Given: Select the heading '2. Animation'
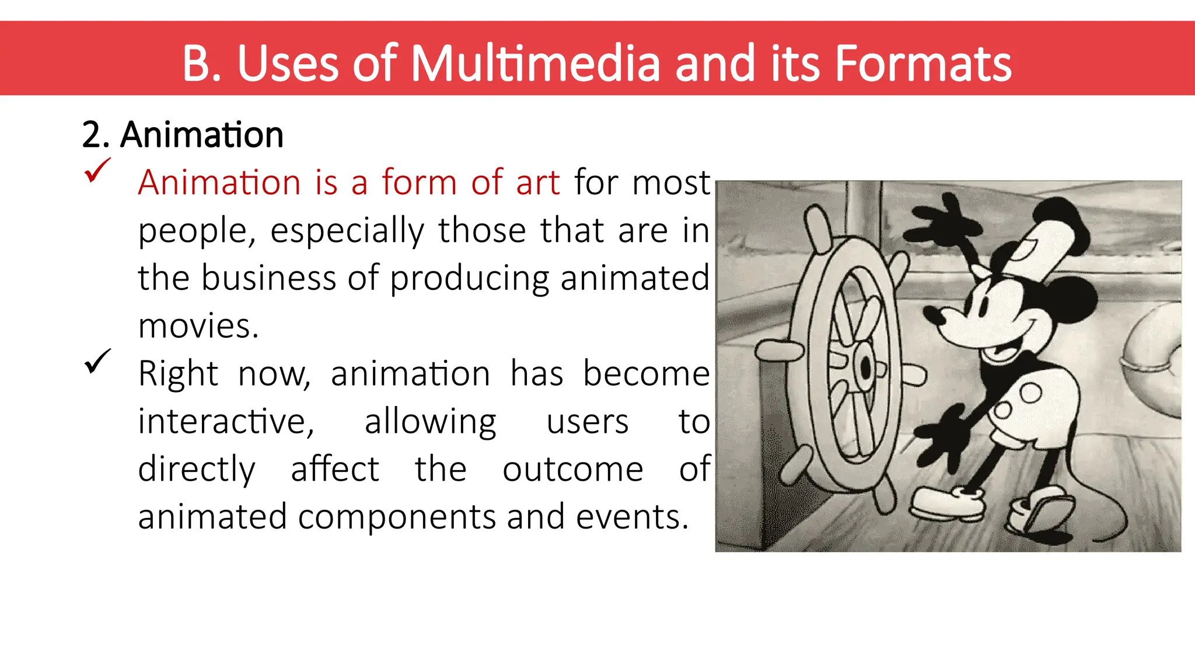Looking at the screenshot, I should tap(183, 135).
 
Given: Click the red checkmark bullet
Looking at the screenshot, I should tap(97, 170).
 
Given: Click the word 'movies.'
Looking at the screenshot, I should tap(198, 325).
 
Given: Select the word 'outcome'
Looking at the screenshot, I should tap(573, 469).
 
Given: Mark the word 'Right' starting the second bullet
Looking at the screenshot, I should tap(178, 373).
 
